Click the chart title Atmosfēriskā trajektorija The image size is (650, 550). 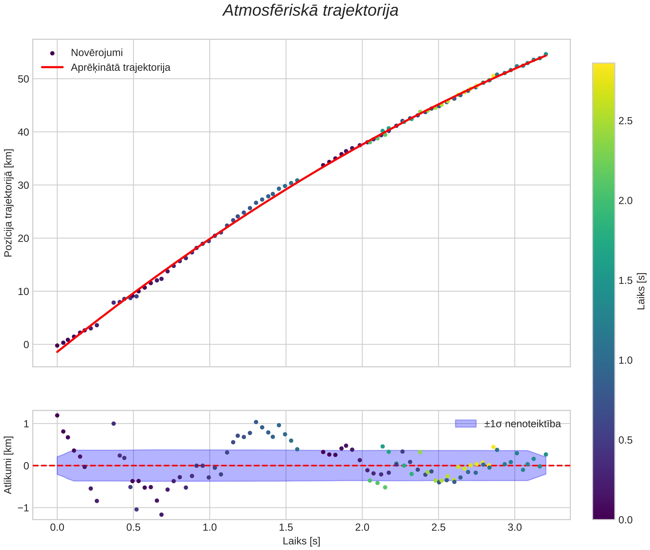point(310,11)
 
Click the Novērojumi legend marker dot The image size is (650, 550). point(52,53)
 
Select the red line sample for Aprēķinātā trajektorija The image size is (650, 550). point(52,67)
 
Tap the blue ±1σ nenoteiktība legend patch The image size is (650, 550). point(466,423)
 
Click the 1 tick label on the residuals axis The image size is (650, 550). point(26,423)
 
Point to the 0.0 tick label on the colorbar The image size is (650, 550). point(625,520)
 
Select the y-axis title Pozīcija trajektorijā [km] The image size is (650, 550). point(8,203)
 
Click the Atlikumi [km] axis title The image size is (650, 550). point(8,465)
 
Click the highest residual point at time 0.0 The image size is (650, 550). point(57,415)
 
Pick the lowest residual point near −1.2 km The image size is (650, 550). point(161,514)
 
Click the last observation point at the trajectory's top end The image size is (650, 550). point(545,54)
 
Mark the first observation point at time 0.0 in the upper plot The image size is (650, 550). point(57,345)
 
